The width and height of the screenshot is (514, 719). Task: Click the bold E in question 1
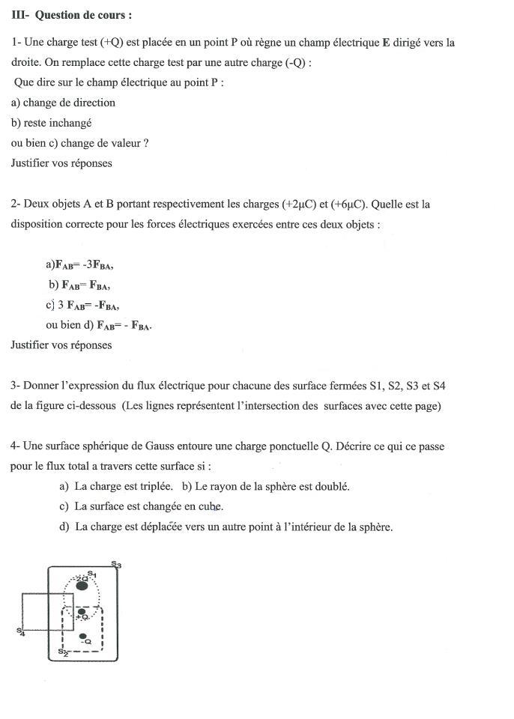(x=386, y=43)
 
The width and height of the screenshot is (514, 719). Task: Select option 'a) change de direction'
(x=63, y=103)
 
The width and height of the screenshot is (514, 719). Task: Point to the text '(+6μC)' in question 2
(x=349, y=204)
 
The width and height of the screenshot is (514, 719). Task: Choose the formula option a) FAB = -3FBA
(x=79, y=264)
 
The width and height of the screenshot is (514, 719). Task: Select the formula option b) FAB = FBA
(x=79, y=285)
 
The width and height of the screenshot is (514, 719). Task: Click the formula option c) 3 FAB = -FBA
(x=82, y=305)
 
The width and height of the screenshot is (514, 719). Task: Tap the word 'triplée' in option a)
(x=155, y=486)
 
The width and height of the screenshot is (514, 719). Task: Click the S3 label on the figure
(x=115, y=565)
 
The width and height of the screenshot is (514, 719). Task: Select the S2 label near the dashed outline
(x=63, y=652)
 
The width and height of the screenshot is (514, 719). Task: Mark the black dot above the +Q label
(x=82, y=612)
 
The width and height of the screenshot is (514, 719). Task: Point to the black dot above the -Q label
(x=83, y=637)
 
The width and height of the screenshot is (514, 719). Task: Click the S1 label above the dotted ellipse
(x=92, y=574)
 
